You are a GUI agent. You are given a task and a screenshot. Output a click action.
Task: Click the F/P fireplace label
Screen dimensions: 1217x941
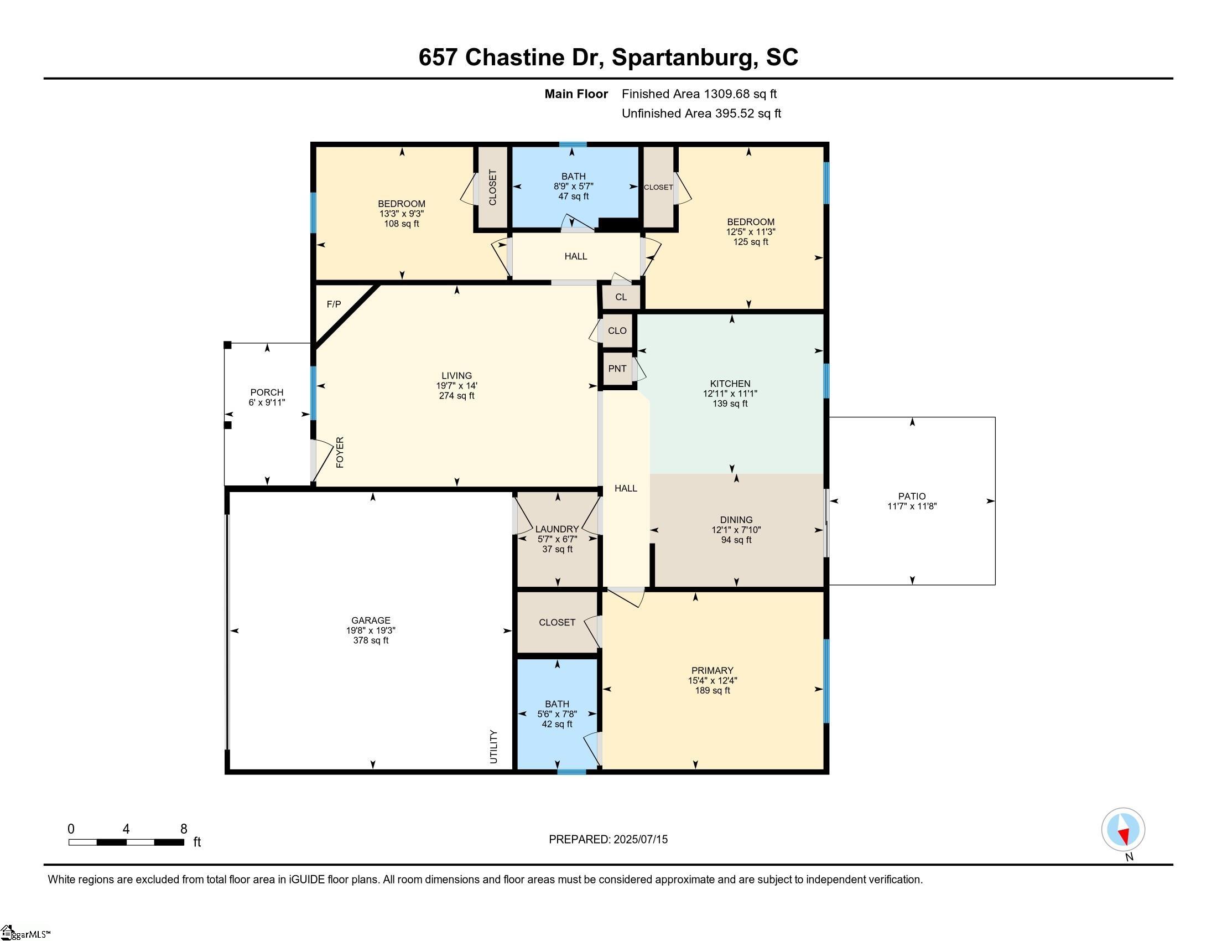(334, 304)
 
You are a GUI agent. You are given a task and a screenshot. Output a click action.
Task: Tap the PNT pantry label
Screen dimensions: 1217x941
(617, 369)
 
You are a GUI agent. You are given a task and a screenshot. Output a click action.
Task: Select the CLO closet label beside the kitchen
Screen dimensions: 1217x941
(617, 330)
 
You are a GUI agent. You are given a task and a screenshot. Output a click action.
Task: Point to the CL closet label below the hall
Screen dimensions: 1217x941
(621, 297)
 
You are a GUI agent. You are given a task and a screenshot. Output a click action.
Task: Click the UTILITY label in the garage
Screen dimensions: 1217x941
(493, 747)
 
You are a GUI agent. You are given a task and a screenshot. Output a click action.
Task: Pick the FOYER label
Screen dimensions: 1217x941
(340, 452)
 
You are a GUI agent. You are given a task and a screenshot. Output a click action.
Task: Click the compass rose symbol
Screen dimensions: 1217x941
(1123, 829)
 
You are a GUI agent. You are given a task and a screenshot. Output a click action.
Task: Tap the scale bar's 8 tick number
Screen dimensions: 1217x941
(184, 829)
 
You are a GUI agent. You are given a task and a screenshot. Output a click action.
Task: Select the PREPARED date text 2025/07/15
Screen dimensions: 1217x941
(640, 840)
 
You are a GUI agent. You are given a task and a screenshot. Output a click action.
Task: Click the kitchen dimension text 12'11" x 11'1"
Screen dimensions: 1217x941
(730, 394)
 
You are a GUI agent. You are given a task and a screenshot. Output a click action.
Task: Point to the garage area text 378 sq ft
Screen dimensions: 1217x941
(371, 640)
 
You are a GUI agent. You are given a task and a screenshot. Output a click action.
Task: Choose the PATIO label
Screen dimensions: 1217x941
(912, 496)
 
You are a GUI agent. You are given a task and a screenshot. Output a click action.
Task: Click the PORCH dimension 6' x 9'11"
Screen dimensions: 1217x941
(267, 402)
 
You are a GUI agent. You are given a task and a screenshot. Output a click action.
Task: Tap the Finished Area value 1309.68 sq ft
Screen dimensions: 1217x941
(740, 94)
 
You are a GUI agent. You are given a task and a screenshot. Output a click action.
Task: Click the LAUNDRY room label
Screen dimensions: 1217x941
(557, 529)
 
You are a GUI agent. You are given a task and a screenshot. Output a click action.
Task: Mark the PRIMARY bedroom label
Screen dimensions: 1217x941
(712, 670)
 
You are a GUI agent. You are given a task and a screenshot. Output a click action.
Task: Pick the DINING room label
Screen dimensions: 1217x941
(736, 520)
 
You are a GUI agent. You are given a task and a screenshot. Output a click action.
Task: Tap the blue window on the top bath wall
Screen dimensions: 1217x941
(573, 145)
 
